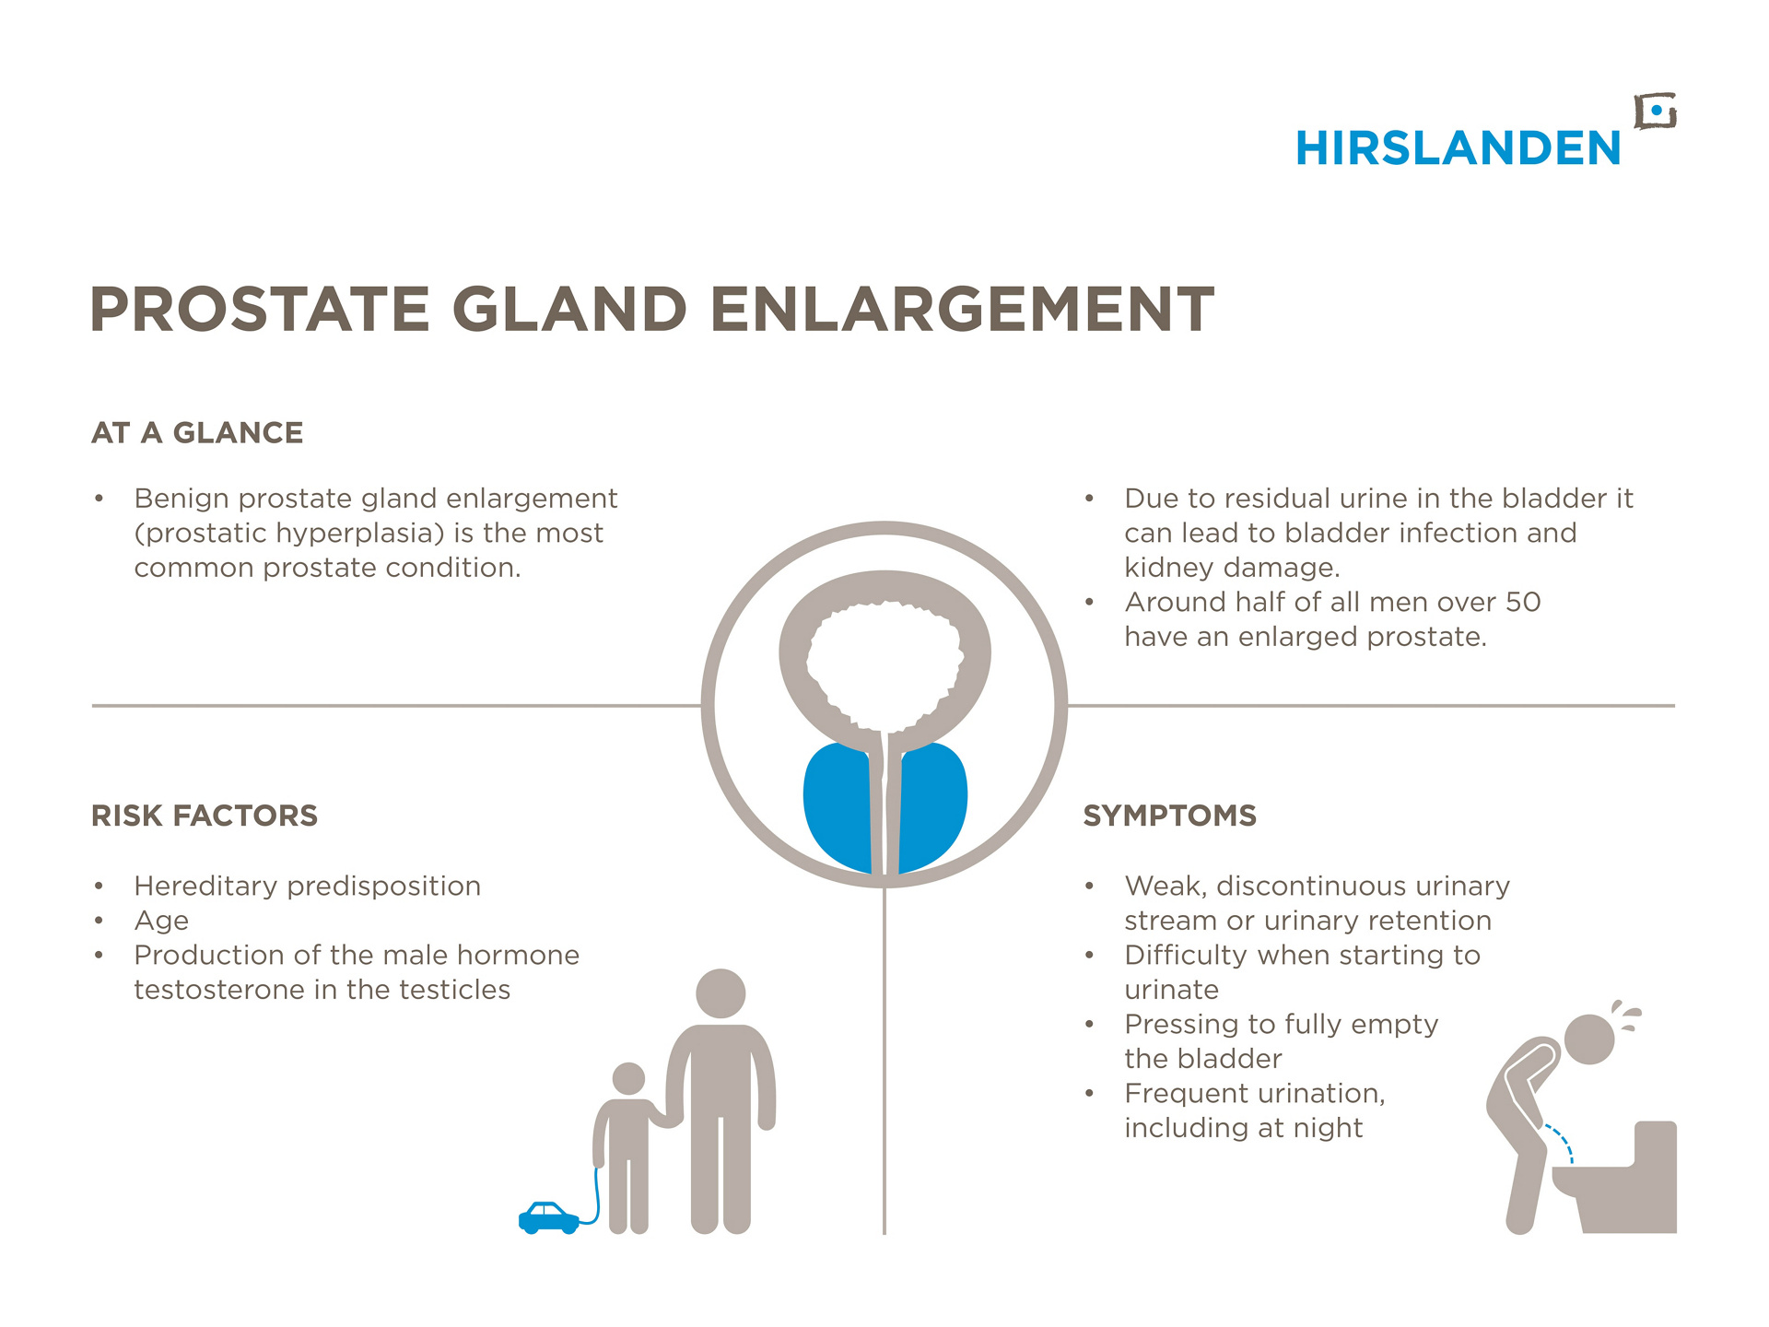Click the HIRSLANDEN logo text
click(x=1458, y=148)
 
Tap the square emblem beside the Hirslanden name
click(x=1656, y=112)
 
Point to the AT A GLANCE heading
click(x=197, y=433)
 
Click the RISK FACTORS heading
click(x=205, y=816)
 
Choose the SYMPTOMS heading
click(x=1170, y=816)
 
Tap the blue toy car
click(x=549, y=1217)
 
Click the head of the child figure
click(x=628, y=1078)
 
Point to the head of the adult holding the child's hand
click(x=720, y=993)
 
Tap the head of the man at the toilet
click(x=1589, y=1039)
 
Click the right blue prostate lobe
click(x=932, y=807)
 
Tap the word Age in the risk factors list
click(x=161, y=922)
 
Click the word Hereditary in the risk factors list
click(x=205, y=887)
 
